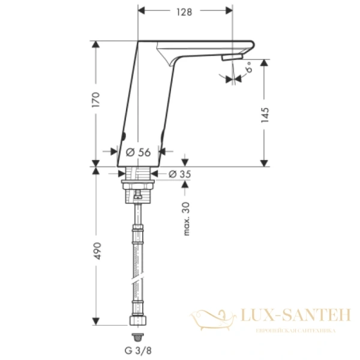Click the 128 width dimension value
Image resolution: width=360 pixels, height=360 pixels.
(x=184, y=13)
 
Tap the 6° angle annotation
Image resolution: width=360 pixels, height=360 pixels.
(x=248, y=71)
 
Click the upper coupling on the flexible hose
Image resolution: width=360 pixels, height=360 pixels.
(x=137, y=229)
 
